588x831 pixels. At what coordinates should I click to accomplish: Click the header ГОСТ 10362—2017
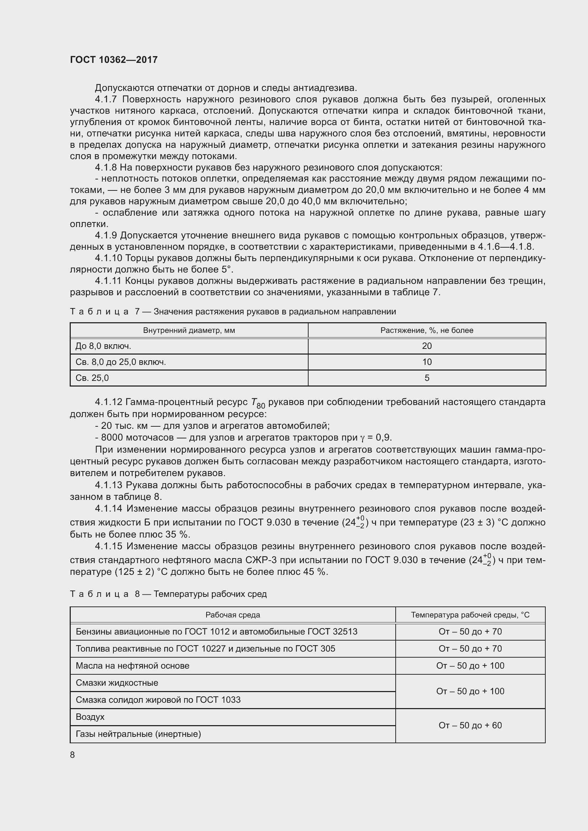[x=114, y=60]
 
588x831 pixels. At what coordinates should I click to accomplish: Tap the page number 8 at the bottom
[x=73, y=755]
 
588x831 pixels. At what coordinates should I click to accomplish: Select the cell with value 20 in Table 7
[x=427, y=346]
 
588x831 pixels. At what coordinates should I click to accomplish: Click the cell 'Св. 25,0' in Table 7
[x=92, y=378]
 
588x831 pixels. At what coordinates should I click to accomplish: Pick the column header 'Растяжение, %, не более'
[x=427, y=330]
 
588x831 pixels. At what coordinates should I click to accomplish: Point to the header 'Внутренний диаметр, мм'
[x=189, y=330]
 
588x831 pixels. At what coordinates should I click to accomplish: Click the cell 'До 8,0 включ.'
[x=103, y=346]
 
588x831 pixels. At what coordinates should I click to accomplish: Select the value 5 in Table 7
[x=427, y=378]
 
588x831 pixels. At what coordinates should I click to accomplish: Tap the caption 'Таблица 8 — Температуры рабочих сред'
[x=168, y=594]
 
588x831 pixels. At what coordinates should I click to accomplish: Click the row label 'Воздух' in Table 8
[x=90, y=717]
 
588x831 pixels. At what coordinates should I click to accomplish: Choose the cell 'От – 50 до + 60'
[x=470, y=725]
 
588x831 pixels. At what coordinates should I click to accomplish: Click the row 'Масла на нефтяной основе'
[x=133, y=665]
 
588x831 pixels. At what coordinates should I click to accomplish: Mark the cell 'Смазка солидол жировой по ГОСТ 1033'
[x=158, y=700]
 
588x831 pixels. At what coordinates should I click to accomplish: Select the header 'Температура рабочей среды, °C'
[x=470, y=615]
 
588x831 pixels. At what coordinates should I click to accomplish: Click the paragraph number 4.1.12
[x=109, y=402]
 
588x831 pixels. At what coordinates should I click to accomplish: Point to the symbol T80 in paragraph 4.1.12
[x=258, y=403]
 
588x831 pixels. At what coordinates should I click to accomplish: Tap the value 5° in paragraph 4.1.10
[x=226, y=270]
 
